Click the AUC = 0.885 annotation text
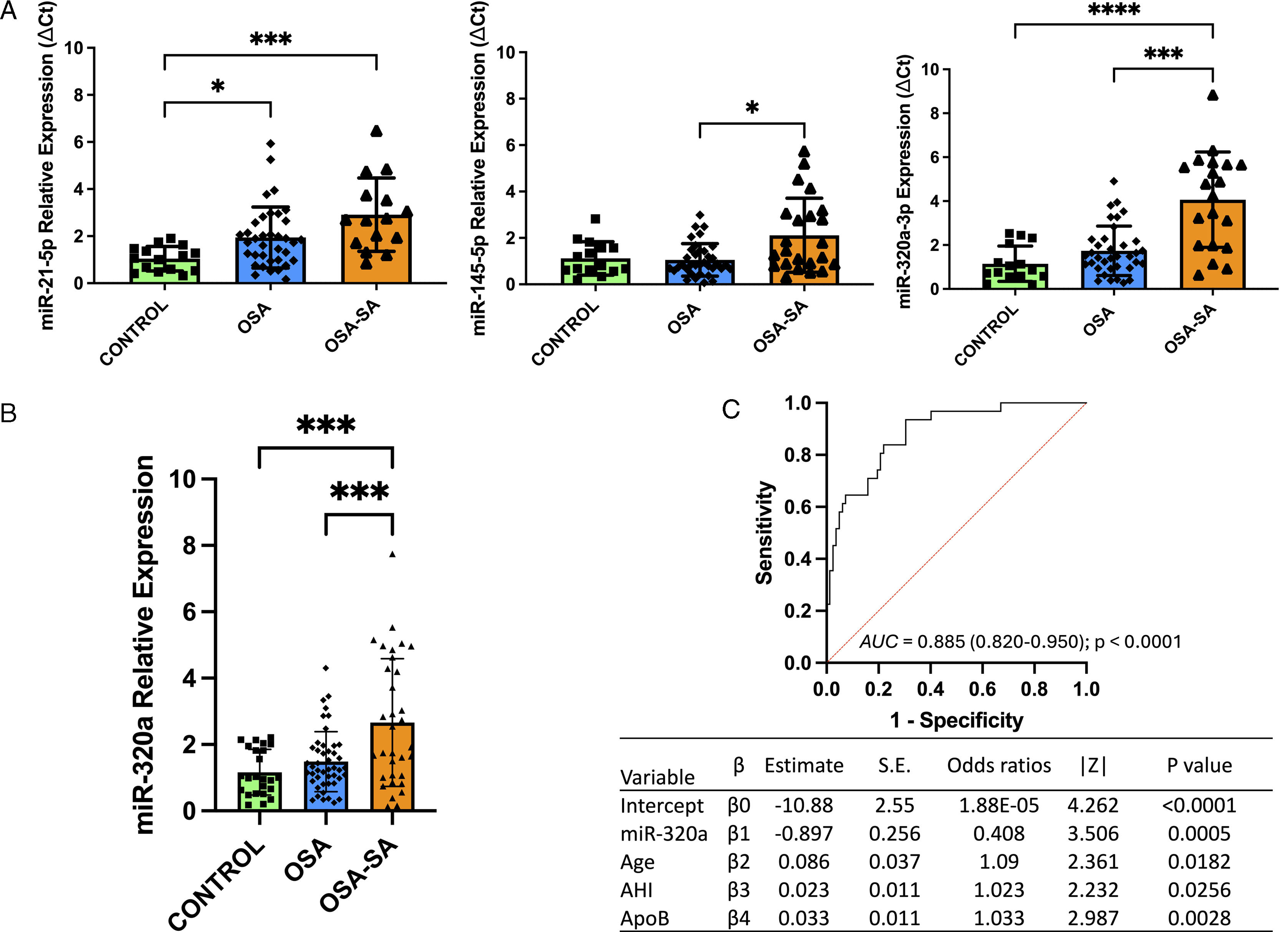tap(1020, 642)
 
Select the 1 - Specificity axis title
tap(957, 720)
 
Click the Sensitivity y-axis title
tap(764, 532)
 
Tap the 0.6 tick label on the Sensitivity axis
tap(798, 507)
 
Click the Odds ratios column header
tap(998, 766)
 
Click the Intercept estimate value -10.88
tap(804, 806)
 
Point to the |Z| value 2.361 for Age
tap(1093, 862)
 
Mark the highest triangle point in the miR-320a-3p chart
tap(1213, 95)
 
